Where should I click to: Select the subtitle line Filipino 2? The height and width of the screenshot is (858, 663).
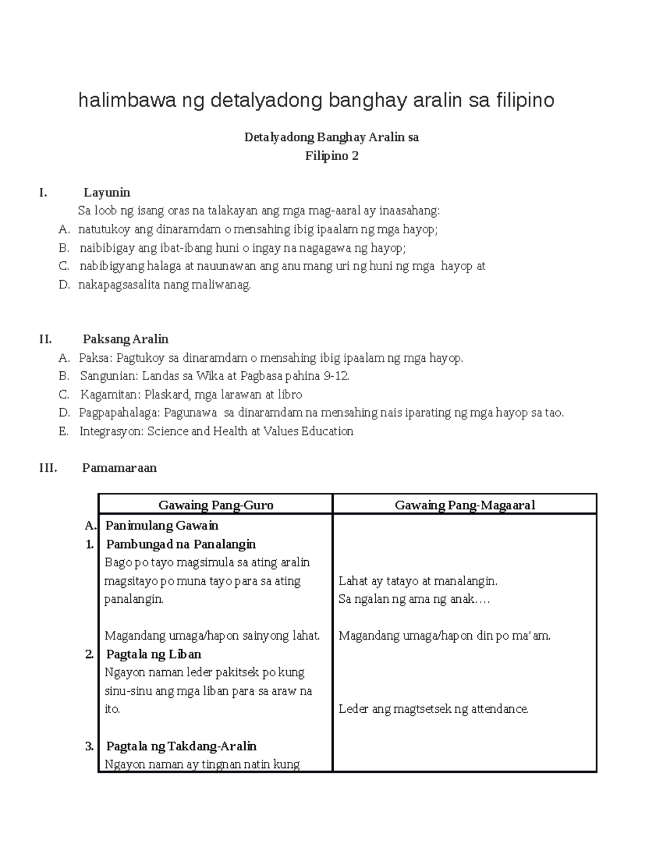331,156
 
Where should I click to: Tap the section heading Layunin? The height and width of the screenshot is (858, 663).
107,192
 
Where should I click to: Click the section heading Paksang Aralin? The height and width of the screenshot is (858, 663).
125,339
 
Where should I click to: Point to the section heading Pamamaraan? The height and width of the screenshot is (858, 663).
119,467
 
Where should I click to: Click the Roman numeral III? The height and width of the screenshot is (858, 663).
48,467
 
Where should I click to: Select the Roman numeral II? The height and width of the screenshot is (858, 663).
45,339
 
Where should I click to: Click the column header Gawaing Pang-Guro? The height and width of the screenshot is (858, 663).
215,504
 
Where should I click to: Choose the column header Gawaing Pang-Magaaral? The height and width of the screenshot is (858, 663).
465,504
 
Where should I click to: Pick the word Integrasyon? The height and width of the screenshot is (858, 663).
112,431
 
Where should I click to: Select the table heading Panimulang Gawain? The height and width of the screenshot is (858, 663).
162,525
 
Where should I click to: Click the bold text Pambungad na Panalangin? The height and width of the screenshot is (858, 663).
181,544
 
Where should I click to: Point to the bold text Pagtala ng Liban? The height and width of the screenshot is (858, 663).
153,654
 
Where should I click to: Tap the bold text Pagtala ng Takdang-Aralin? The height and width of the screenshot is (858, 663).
181,746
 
